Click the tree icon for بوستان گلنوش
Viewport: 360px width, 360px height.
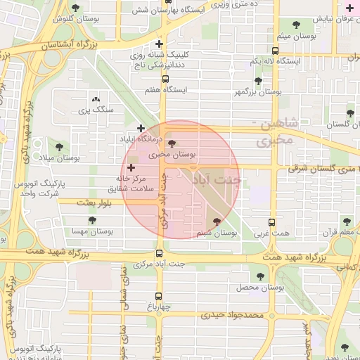point(76,8)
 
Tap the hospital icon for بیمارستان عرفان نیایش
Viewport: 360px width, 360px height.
point(349,8)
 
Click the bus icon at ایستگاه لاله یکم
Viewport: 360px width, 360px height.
point(274,51)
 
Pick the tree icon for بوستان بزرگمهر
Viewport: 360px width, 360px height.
point(259,81)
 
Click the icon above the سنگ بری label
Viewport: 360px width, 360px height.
point(96,101)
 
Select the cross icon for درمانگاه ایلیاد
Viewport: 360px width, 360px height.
point(141,129)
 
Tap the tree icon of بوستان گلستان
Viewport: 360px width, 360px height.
point(349,113)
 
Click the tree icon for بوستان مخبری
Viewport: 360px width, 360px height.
point(173,143)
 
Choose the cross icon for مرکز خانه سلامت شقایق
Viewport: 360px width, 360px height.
point(131,167)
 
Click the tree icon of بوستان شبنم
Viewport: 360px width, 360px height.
point(217,221)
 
